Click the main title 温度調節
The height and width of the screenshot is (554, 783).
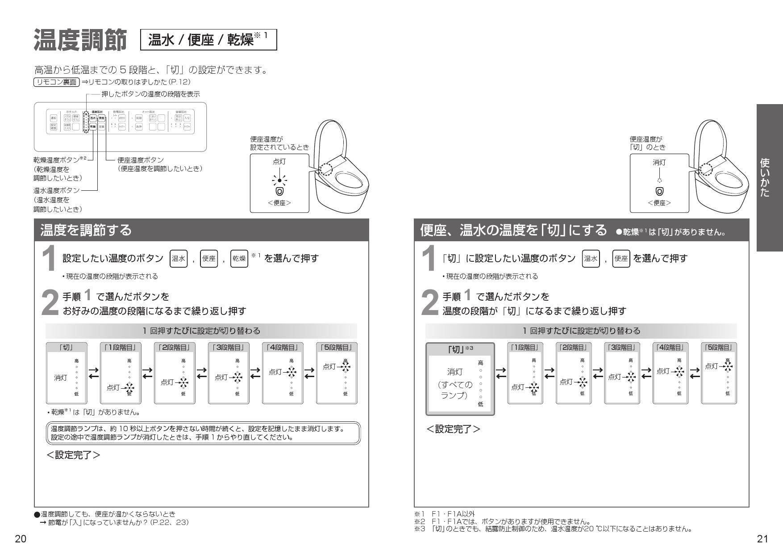click(80, 40)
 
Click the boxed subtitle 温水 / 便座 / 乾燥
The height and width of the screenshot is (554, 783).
click(208, 40)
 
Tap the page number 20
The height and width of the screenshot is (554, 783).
click(21, 539)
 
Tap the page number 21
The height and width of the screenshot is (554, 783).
click(762, 539)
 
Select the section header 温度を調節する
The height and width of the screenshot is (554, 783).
click(86, 230)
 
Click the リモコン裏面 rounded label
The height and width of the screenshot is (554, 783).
click(56, 82)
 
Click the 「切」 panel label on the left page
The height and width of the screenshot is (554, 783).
click(67, 347)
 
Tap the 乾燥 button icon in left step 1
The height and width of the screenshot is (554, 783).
click(239, 259)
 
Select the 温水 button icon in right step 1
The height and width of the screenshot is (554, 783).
click(591, 259)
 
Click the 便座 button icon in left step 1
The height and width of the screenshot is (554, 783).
click(209, 259)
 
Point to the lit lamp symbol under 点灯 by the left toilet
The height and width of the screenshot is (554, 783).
click(279, 181)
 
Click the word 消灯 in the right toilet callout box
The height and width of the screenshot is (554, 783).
click(659, 163)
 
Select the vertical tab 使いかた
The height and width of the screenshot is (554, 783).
click(770, 177)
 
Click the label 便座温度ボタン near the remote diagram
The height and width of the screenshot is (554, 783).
click(140, 160)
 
